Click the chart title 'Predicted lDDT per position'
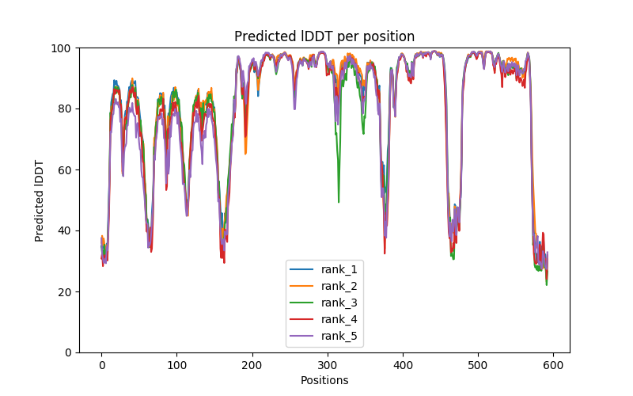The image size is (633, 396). pos(324,36)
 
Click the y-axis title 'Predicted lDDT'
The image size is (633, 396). pos(40,200)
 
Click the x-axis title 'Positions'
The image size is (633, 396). pos(324,380)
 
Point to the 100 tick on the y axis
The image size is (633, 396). pos(63,48)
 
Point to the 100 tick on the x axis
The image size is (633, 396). pos(176,365)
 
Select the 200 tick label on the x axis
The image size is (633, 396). pos(252,365)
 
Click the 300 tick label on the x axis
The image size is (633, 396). pos(327,365)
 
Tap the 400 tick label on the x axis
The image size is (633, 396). pos(402,365)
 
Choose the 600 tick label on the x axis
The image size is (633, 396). pos(552,365)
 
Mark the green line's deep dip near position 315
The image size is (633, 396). pos(339,201)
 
